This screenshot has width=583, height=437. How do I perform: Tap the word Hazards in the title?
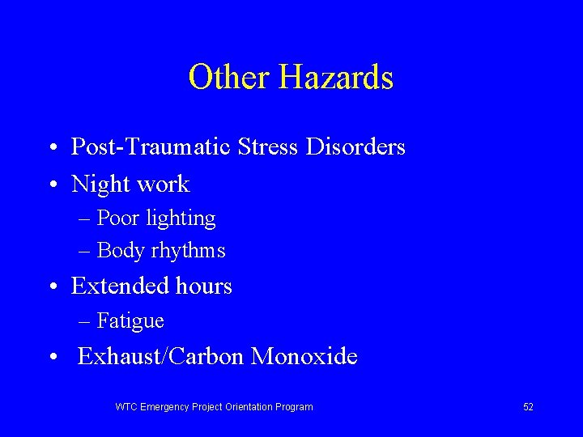click(336, 78)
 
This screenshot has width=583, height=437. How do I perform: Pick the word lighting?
click(183, 218)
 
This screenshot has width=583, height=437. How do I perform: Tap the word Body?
click(119, 251)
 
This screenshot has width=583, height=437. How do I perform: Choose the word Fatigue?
click(130, 321)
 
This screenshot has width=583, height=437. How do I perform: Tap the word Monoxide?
click(304, 356)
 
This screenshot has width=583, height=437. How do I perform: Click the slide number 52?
click(528, 406)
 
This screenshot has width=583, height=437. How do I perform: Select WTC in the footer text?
click(126, 406)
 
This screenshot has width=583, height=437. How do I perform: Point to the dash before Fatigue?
click(85, 322)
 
